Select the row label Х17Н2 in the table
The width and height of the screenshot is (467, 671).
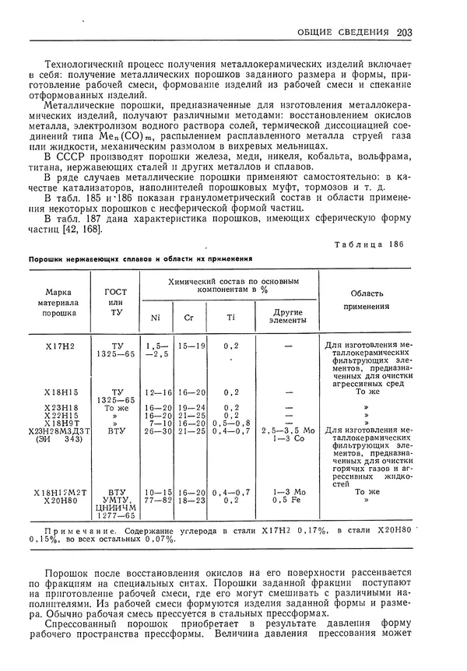(60, 343)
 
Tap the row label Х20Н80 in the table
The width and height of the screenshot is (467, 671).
(60, 500)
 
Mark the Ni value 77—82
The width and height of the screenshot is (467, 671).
(158, 500)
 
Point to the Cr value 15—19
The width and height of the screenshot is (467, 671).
(191, 343)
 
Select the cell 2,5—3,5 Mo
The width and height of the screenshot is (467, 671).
(287, 429)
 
